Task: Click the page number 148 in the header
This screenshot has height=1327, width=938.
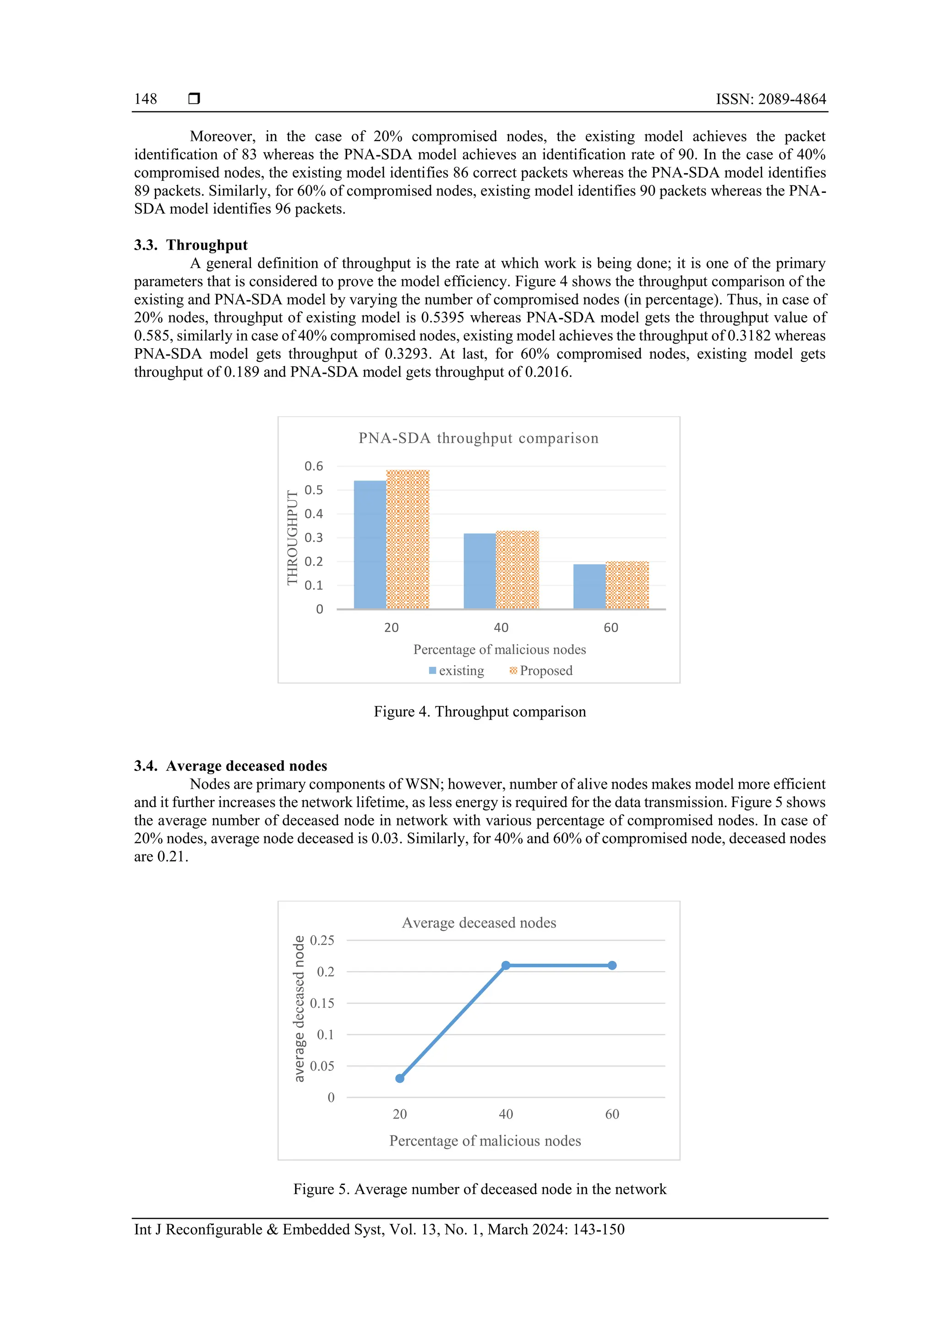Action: click(x=145, y=99)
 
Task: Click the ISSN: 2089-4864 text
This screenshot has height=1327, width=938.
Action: click(x=770, y=99)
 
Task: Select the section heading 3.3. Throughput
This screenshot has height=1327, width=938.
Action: click(x=191, y=245)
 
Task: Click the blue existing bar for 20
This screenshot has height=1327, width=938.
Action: click(x=370, y=545)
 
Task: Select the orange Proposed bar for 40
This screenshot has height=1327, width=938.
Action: click(x=517, y=569)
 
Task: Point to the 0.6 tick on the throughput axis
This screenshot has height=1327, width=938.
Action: click(x=314, y=466)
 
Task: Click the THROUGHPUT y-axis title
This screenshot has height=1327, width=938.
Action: click(x=293, y=537)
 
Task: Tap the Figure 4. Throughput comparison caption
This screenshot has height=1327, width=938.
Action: click(x=480, y=711)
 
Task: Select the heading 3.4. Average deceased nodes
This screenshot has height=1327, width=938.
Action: click(x=230, y=766)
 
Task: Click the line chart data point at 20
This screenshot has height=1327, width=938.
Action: click(x=400, y=1078)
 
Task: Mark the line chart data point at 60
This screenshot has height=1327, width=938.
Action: click(x=612, y=965)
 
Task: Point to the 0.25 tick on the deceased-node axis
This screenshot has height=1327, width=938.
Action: click(x=322, y=940)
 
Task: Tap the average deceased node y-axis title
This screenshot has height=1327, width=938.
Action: click(x=299, y=1009)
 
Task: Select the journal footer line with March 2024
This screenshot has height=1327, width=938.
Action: click(x=379, y=1229)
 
